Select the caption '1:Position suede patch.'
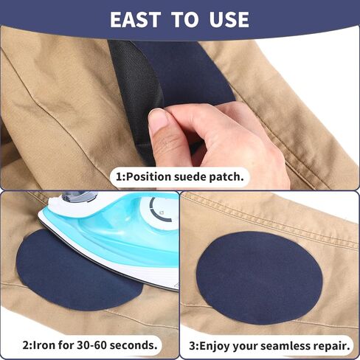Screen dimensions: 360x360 [x=180, y=177]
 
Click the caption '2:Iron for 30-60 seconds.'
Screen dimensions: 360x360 [x=90, y=345]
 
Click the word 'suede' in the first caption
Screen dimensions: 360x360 [x=188, y=177]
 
